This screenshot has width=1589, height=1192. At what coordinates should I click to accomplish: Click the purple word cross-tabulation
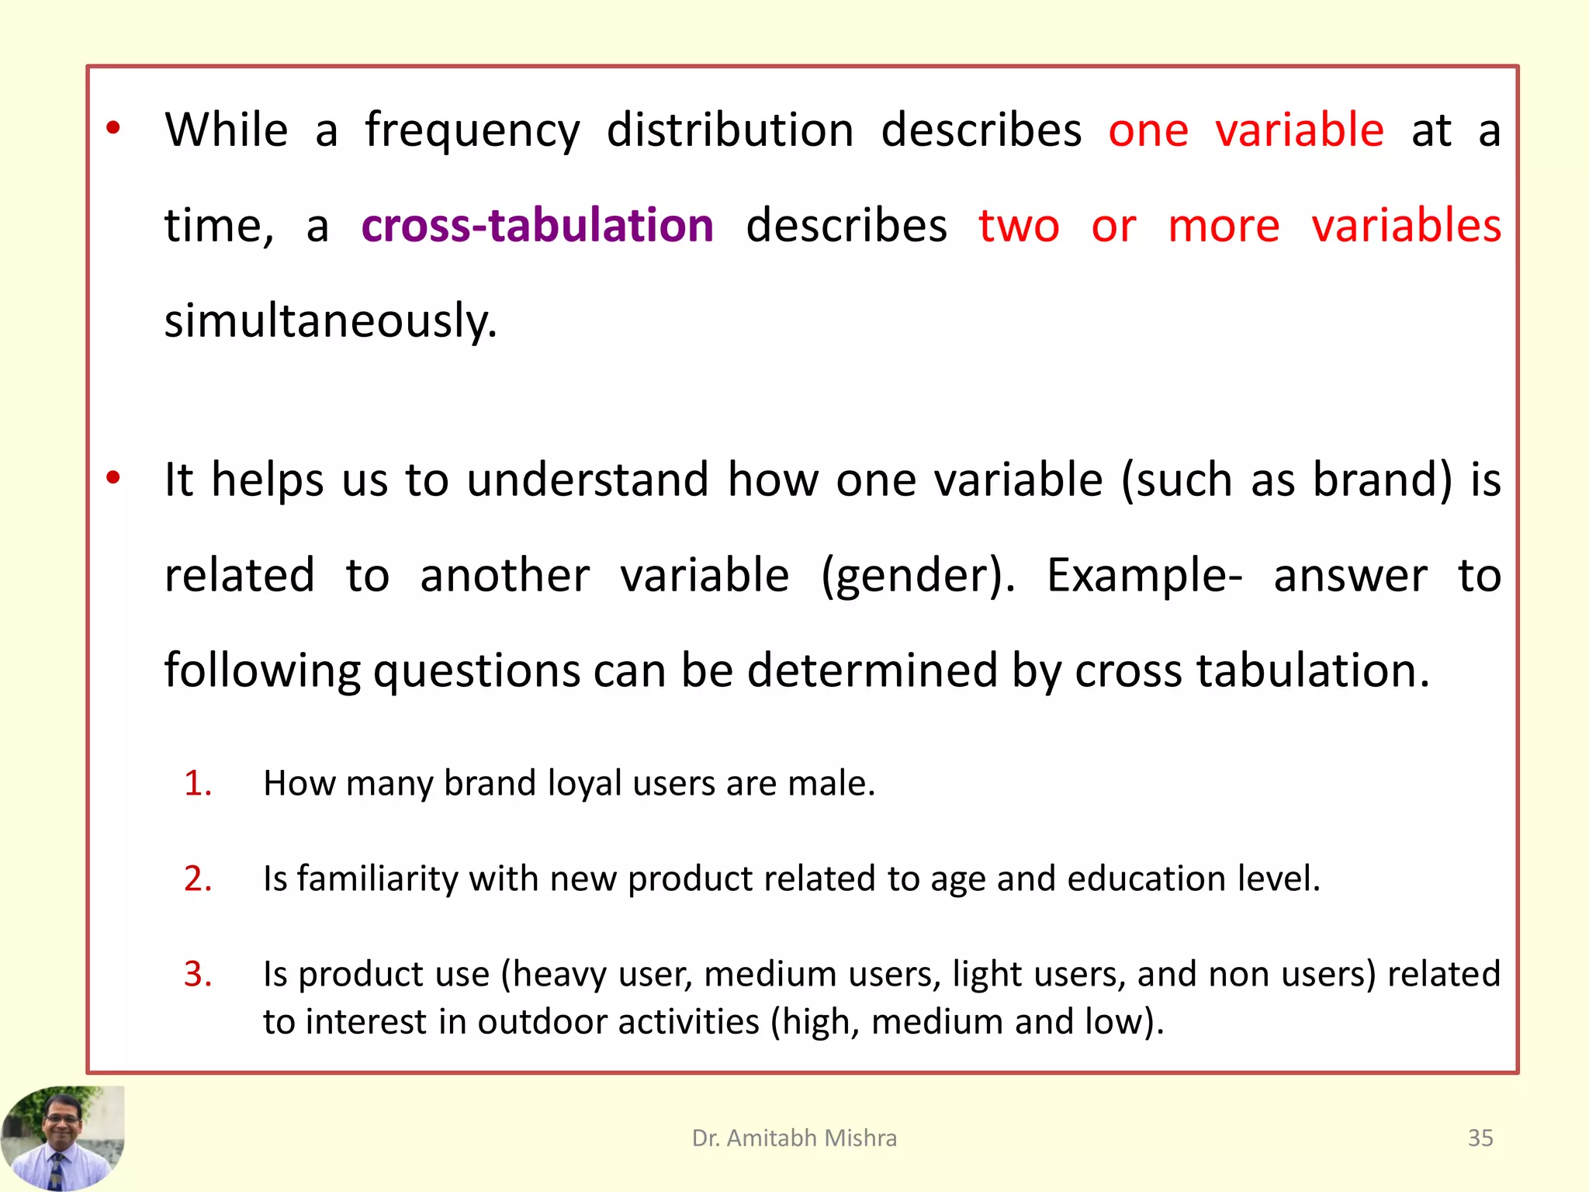pyautogui.click(x=537, y=226)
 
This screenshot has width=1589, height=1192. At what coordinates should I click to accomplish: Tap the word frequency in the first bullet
pyautogui.click(x=473, y=130)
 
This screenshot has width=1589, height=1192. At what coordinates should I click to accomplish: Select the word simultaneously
pyautogui.click(x=331, y=321)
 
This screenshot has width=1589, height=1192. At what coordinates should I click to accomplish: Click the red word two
pyautogui.click(x=1019, y=226)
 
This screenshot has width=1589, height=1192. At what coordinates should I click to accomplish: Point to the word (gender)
pyautogui.click(x=918, y=576)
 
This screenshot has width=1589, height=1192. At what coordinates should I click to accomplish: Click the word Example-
pyautogui.click(x=1144, y=576)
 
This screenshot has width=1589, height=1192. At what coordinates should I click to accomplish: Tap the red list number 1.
pyautogui.click(x=198, y=783)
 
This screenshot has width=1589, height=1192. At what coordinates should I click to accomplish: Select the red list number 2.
pyautogui.click(x=198, y=878)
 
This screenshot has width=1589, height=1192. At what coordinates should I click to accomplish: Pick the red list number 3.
pyautogui.click(x=198, y=974)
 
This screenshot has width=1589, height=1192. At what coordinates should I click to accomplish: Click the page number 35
pyautogui.click(x=1480, y=1138)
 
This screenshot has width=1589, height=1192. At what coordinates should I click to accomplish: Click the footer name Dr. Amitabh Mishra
pyautogui.click(x=794, y=1138)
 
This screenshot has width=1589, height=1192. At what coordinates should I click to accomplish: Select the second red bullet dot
pyautogui.click(x=113, y=477)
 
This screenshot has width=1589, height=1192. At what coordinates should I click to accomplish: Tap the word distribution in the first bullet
pyautogui.click(x=730, y=130)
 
